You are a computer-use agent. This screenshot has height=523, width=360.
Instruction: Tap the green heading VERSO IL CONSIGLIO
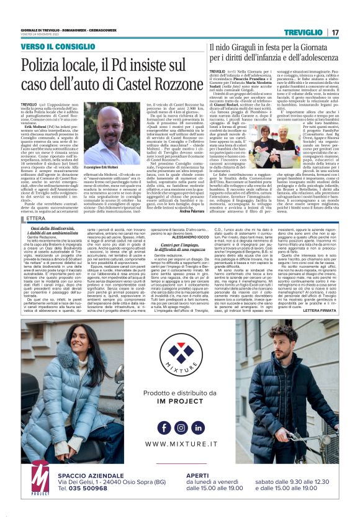(x=55, y=47)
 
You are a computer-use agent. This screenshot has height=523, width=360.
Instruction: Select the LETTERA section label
(x=36, y=218)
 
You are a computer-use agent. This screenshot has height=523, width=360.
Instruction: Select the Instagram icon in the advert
(x=181, y=427)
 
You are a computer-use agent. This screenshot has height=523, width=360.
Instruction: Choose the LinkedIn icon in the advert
(x=197, y=427)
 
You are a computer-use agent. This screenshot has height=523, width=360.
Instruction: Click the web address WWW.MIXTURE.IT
(x=181, y=444)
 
